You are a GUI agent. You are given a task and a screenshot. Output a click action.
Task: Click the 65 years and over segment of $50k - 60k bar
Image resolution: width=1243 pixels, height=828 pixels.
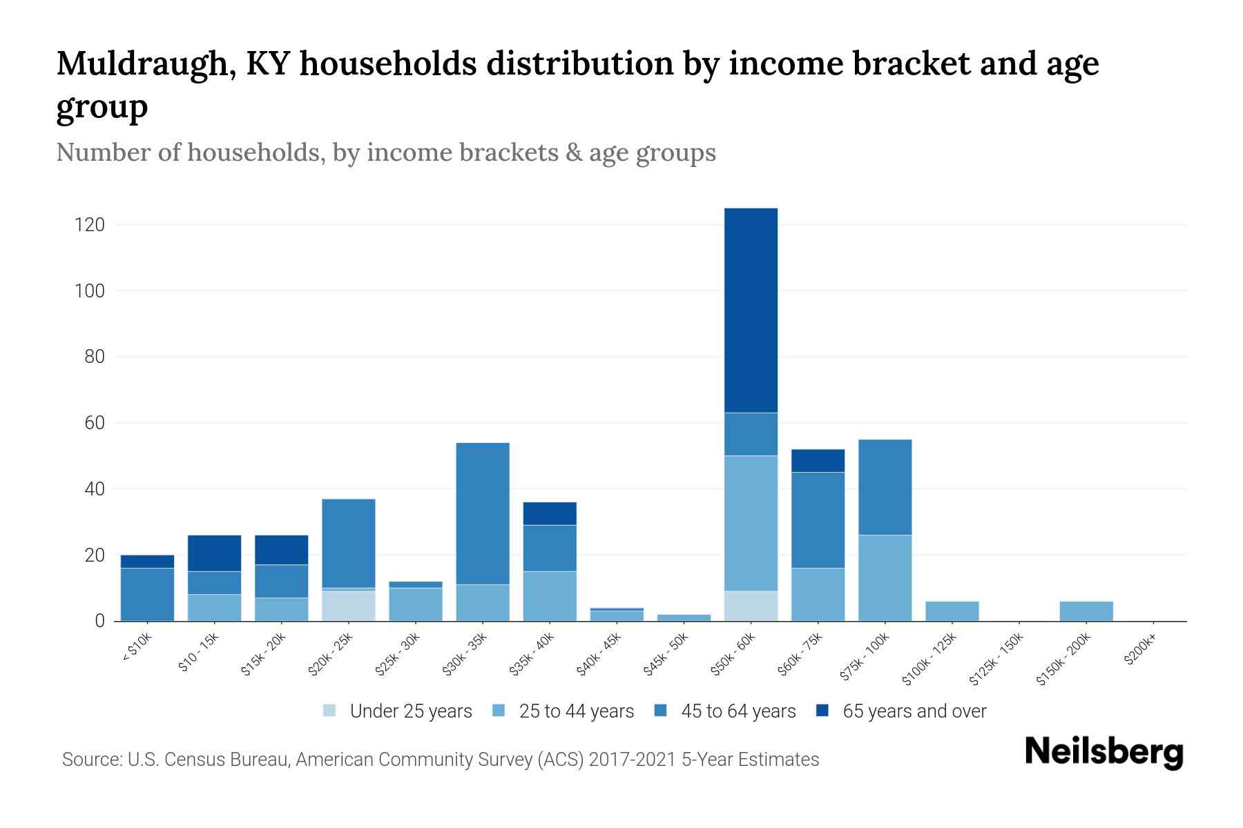[x=751, y=310]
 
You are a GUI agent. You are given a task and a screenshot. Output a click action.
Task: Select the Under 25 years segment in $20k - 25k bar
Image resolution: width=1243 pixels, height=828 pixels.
[x=349, y=605]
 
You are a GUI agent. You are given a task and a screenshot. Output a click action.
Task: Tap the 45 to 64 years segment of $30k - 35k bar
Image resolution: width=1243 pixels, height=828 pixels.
[x=483, y=513]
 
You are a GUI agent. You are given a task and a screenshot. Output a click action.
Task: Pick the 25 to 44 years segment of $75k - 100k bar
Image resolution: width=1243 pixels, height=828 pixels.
[x=885, y=578]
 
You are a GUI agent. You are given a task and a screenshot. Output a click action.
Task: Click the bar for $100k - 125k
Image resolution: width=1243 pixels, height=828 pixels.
[x=952, y=611]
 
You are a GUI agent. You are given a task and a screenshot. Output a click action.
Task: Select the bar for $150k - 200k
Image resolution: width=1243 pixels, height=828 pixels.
[x=1086, y=611]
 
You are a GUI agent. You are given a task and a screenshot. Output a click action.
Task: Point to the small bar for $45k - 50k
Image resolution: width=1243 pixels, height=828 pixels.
[x=684, y=618]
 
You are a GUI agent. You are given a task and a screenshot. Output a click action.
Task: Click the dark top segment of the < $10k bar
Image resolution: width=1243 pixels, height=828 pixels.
[x=147, y=561]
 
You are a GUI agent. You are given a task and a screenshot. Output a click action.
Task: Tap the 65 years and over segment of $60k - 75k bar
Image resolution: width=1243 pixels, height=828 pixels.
[x=818, y=461]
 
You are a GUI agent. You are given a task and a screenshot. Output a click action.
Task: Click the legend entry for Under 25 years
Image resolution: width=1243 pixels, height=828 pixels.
[x=398, y=711]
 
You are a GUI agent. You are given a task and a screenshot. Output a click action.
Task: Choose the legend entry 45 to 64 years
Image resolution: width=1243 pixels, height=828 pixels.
[x=725, y=711]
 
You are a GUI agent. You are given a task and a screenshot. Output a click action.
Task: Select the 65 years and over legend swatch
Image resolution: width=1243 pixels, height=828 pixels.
[x=822, y=711]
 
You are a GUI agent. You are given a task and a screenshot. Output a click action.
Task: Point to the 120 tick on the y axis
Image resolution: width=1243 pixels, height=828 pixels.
[x=90, y=225]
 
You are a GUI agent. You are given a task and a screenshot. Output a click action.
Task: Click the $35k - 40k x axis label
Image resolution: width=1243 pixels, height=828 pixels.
[x=531, y=655]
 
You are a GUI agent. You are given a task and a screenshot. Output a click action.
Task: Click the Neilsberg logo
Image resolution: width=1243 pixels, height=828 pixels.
[x=1104, y=752]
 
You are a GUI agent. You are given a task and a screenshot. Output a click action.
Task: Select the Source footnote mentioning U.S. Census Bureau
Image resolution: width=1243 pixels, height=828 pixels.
[x=440, y=760]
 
